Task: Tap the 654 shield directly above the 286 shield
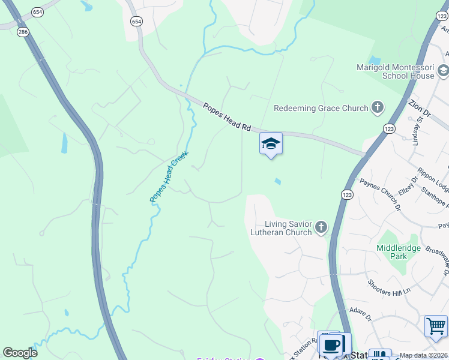pos(37,12)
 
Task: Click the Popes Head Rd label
pos(226,117)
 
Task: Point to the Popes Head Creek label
pos(169,176)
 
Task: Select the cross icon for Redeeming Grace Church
pos(377,108)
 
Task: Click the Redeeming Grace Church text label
pos(321,109)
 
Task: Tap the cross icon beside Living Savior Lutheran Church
pos(321,227)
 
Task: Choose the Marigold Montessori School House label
pos(395,72)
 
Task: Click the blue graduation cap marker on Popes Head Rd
pos(271,144)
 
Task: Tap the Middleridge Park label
pos(391,252)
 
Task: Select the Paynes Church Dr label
pos(379,194)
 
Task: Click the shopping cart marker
pos(436,326)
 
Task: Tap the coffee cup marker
pos(330,345)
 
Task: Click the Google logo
pos(20,353)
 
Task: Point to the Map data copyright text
pos(424,355)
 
